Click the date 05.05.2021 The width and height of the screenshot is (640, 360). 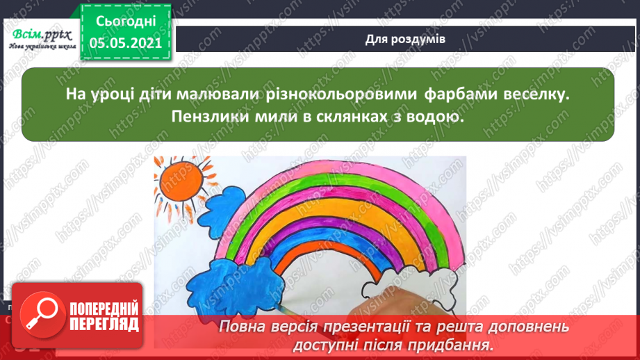click(x=126, y=43)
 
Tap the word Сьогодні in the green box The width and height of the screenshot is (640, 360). click(x=126, y=22)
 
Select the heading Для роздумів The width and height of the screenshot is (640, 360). click(x=405, y=39)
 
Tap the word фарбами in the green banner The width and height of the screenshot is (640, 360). click(x=461, y=95)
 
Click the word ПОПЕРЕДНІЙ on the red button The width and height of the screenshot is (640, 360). click(x=104, y=309)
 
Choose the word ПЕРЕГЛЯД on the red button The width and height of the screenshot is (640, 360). click(x=104, y=325)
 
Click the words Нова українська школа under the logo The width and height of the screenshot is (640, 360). click(x=42, y=46)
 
